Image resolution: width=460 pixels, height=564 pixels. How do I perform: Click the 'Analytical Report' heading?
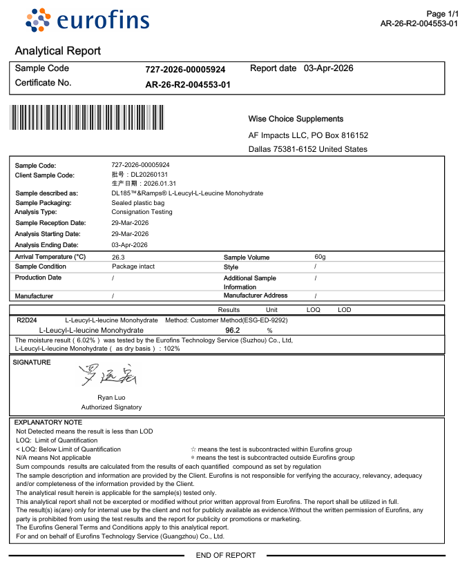click(58, 51)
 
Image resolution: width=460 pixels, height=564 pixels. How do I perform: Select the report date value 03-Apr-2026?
click(329, 68)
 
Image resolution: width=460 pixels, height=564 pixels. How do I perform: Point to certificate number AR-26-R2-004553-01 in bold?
click(188, 85)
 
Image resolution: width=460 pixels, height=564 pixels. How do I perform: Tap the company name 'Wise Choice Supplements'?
click(296, 119)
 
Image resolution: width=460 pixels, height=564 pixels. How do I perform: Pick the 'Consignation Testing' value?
click(142, 212)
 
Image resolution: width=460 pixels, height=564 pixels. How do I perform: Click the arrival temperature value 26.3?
click(119, 257)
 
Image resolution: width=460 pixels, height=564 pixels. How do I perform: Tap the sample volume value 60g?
click(320, 257)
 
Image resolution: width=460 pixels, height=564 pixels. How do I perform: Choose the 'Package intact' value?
click(133, 266)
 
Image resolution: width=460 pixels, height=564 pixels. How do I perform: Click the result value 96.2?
click(233, 331)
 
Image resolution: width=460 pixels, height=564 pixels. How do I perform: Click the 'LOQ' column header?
click(313, 310)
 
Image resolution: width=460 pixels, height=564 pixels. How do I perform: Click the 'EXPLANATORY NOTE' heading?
click(48, 422)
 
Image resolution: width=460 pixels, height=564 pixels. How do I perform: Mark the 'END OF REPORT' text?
click(226, 555)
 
